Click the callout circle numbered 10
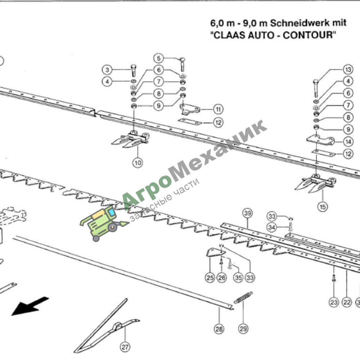pyautogui.click(x=138, y=163)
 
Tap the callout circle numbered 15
pyautogui.click(x=323, y=207)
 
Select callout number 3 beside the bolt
pyautogui.click(x=107, y=70)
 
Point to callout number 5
pyautogui.click(x=159, y=58)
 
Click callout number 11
pyautogui.click(x=218, y=109)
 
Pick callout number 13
pyautogui.click(x=348, y=69)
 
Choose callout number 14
pyautogui.click(x=348, y=141)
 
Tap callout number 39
pyautogui.click(x=248, y=213)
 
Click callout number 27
pyautogui.click(x=125, y=347)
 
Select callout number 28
pyautogui.click(x=219, y=329)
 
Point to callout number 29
pyautogui.click(x=243, y=329)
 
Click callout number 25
pyautogui.click(x=210, y=278)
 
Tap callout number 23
pyautogui.click(x=334, y=302)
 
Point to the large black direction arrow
pyautogui.click(x=30, y=306)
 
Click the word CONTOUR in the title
pyautogui.click(x=309, y=35)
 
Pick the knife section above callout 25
pyautogui.click(x=215, y=252)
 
